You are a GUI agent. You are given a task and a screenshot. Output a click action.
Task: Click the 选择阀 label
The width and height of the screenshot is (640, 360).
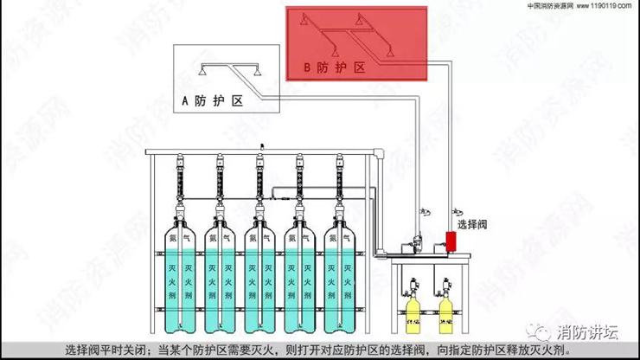pos(475,223)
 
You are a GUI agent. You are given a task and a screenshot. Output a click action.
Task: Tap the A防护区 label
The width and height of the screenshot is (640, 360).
pos(211,101)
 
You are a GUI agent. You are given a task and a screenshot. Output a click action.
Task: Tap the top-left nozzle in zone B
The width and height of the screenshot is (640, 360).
pos(304,19)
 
